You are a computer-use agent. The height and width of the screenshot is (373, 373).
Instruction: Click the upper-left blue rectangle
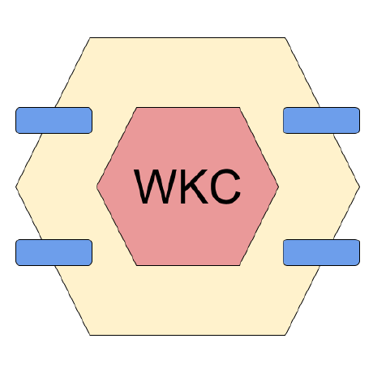tap(54, 120)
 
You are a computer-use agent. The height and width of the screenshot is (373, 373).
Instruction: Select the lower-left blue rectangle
tap(54, 252)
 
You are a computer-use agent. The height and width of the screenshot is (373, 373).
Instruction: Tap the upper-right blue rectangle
tap(321, 120)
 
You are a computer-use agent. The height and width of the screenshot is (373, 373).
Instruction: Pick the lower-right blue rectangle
tap(321, 252)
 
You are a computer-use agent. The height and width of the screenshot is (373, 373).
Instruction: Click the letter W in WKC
tap(155, 186)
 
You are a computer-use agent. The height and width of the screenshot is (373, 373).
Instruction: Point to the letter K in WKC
tap(194, 186)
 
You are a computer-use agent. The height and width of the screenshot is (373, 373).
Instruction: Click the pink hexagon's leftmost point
tap(96, 186)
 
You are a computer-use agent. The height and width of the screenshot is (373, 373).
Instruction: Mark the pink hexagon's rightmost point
tap(278, 186)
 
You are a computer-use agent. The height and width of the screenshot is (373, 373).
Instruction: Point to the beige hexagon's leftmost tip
tap(16, 186)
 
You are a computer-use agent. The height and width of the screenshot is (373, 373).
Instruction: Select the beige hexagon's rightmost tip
tap(360, 186)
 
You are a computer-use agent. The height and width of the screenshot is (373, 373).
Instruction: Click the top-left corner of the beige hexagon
tap(90, 37)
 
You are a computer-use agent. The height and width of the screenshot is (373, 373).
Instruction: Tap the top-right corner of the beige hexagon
tap(285, 37)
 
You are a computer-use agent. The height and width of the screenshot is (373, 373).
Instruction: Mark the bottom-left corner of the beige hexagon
tap(90, 336)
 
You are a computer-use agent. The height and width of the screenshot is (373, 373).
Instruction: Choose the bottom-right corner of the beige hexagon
tap(285, 336)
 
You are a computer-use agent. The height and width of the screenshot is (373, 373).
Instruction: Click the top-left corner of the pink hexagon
tap(136, 108)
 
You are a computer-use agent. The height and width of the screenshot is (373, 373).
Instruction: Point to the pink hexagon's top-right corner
tap(240, 108)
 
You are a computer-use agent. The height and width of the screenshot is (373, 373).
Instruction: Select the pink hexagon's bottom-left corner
tap(136, 265)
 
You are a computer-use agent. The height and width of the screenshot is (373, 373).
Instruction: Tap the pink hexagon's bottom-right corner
tap(240, 265)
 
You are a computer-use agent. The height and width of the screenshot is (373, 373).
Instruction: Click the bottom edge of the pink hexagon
tap(188, 265)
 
